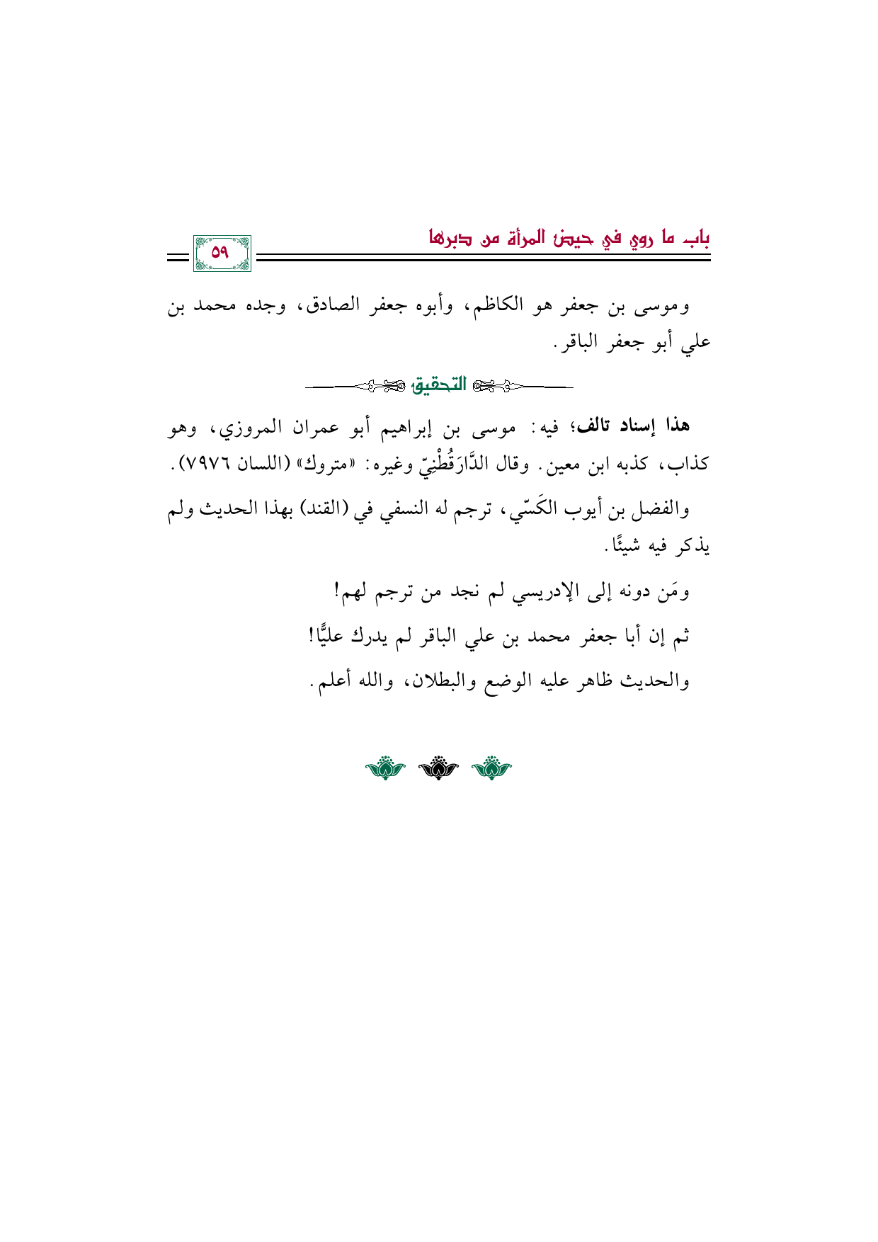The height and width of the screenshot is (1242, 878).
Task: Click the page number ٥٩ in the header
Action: [x=221, y=253]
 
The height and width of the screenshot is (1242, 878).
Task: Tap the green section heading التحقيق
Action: [x=439, y=385]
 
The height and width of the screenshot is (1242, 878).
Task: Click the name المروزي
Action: [x=251, y=428]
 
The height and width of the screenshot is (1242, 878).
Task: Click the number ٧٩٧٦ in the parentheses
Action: [x=210, y=465]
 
